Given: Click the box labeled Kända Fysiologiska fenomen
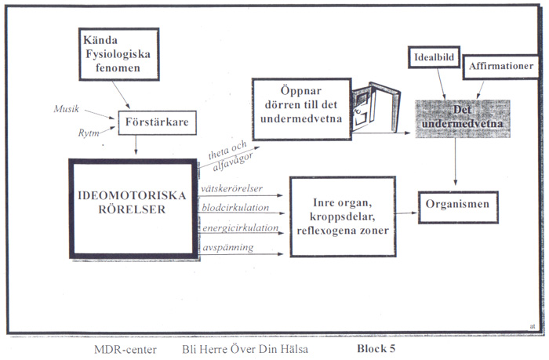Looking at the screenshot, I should click(x=119, y=54).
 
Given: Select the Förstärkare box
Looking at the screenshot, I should click(x=156, y=122).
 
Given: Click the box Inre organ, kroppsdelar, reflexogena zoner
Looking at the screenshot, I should click(x=343, y=213).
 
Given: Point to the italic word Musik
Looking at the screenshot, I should click(x=67, y=107).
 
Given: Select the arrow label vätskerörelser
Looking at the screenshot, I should click(x=233, y=189).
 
